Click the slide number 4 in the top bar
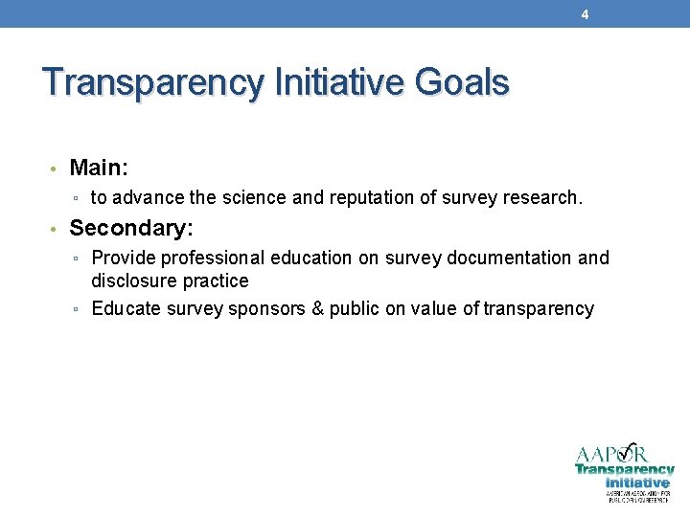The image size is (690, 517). click(585, 14)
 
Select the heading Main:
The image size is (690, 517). click(99, 169)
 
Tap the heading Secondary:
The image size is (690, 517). click(131, 229)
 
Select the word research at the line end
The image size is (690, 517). click(543, 198)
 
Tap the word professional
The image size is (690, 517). click(212, 258)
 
